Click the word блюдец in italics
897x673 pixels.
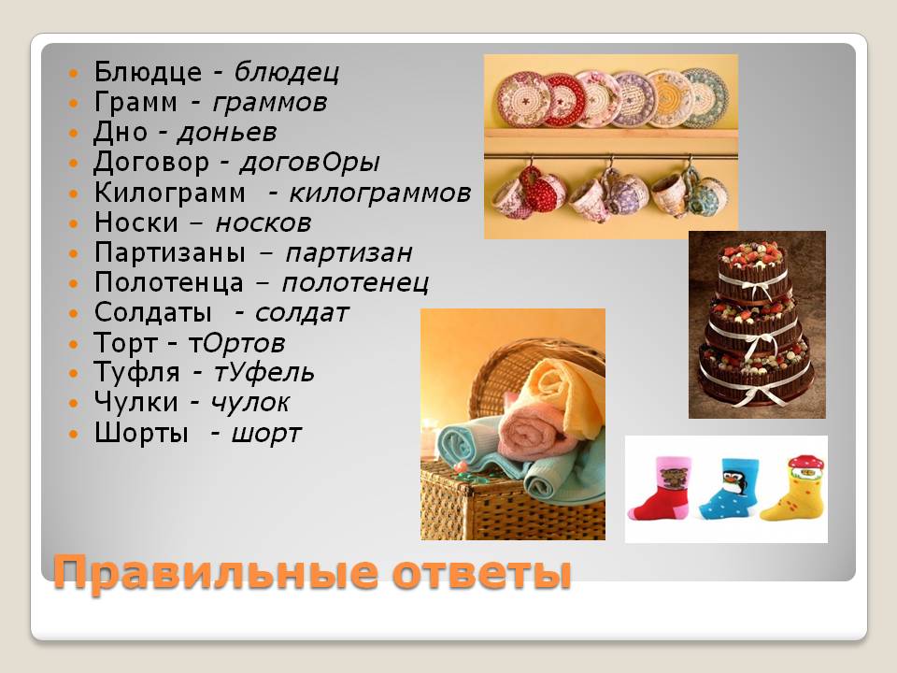[x=287, y=73]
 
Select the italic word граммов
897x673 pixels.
[x=269, y=103]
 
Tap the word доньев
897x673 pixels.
[x=227, y=133]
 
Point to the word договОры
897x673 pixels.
[x=309, y=164]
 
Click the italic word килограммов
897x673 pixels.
[x=380, y=193]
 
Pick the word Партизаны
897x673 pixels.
[x=170, y=253]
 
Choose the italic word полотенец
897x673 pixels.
[x=355, y=283]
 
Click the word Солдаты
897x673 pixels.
[x=153, y=313]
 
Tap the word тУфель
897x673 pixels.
[x=263, y=373]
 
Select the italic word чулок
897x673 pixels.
[x=250, y=403]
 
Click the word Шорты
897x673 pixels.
[x=141, y=433]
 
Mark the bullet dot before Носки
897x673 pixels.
[x=73, y=223]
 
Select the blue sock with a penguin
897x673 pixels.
[x=730, y=488]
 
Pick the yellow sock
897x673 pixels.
[x=796, y=487]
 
